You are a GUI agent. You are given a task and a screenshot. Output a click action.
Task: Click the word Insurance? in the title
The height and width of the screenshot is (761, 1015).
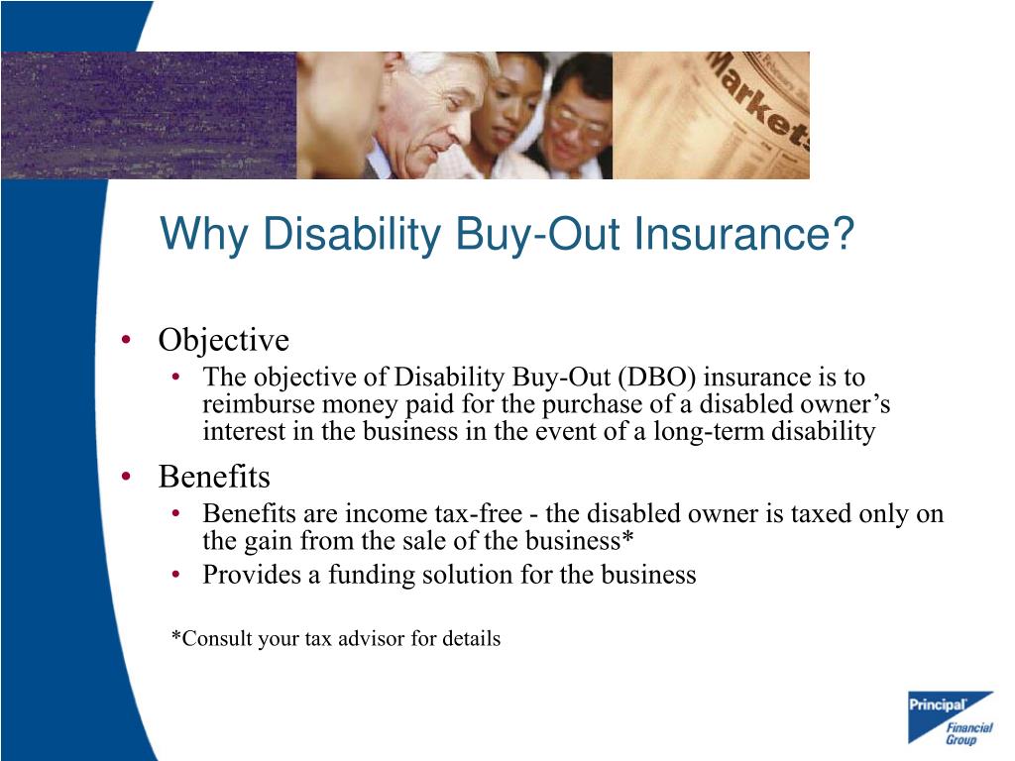click(x=744, y=236)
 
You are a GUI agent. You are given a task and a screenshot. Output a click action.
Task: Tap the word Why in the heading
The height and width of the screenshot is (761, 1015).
click(x=195, y=236)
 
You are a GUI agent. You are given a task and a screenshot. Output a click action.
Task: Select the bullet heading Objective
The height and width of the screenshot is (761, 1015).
click(x=223, y=341)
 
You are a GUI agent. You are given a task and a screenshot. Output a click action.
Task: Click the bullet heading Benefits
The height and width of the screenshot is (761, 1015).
click(x=214, y=477)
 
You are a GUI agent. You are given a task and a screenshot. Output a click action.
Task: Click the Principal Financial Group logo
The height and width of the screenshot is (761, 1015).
click(x=950, y=717)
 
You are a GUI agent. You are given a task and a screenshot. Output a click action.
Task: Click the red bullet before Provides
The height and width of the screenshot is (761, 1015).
click(x=175, y=575)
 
